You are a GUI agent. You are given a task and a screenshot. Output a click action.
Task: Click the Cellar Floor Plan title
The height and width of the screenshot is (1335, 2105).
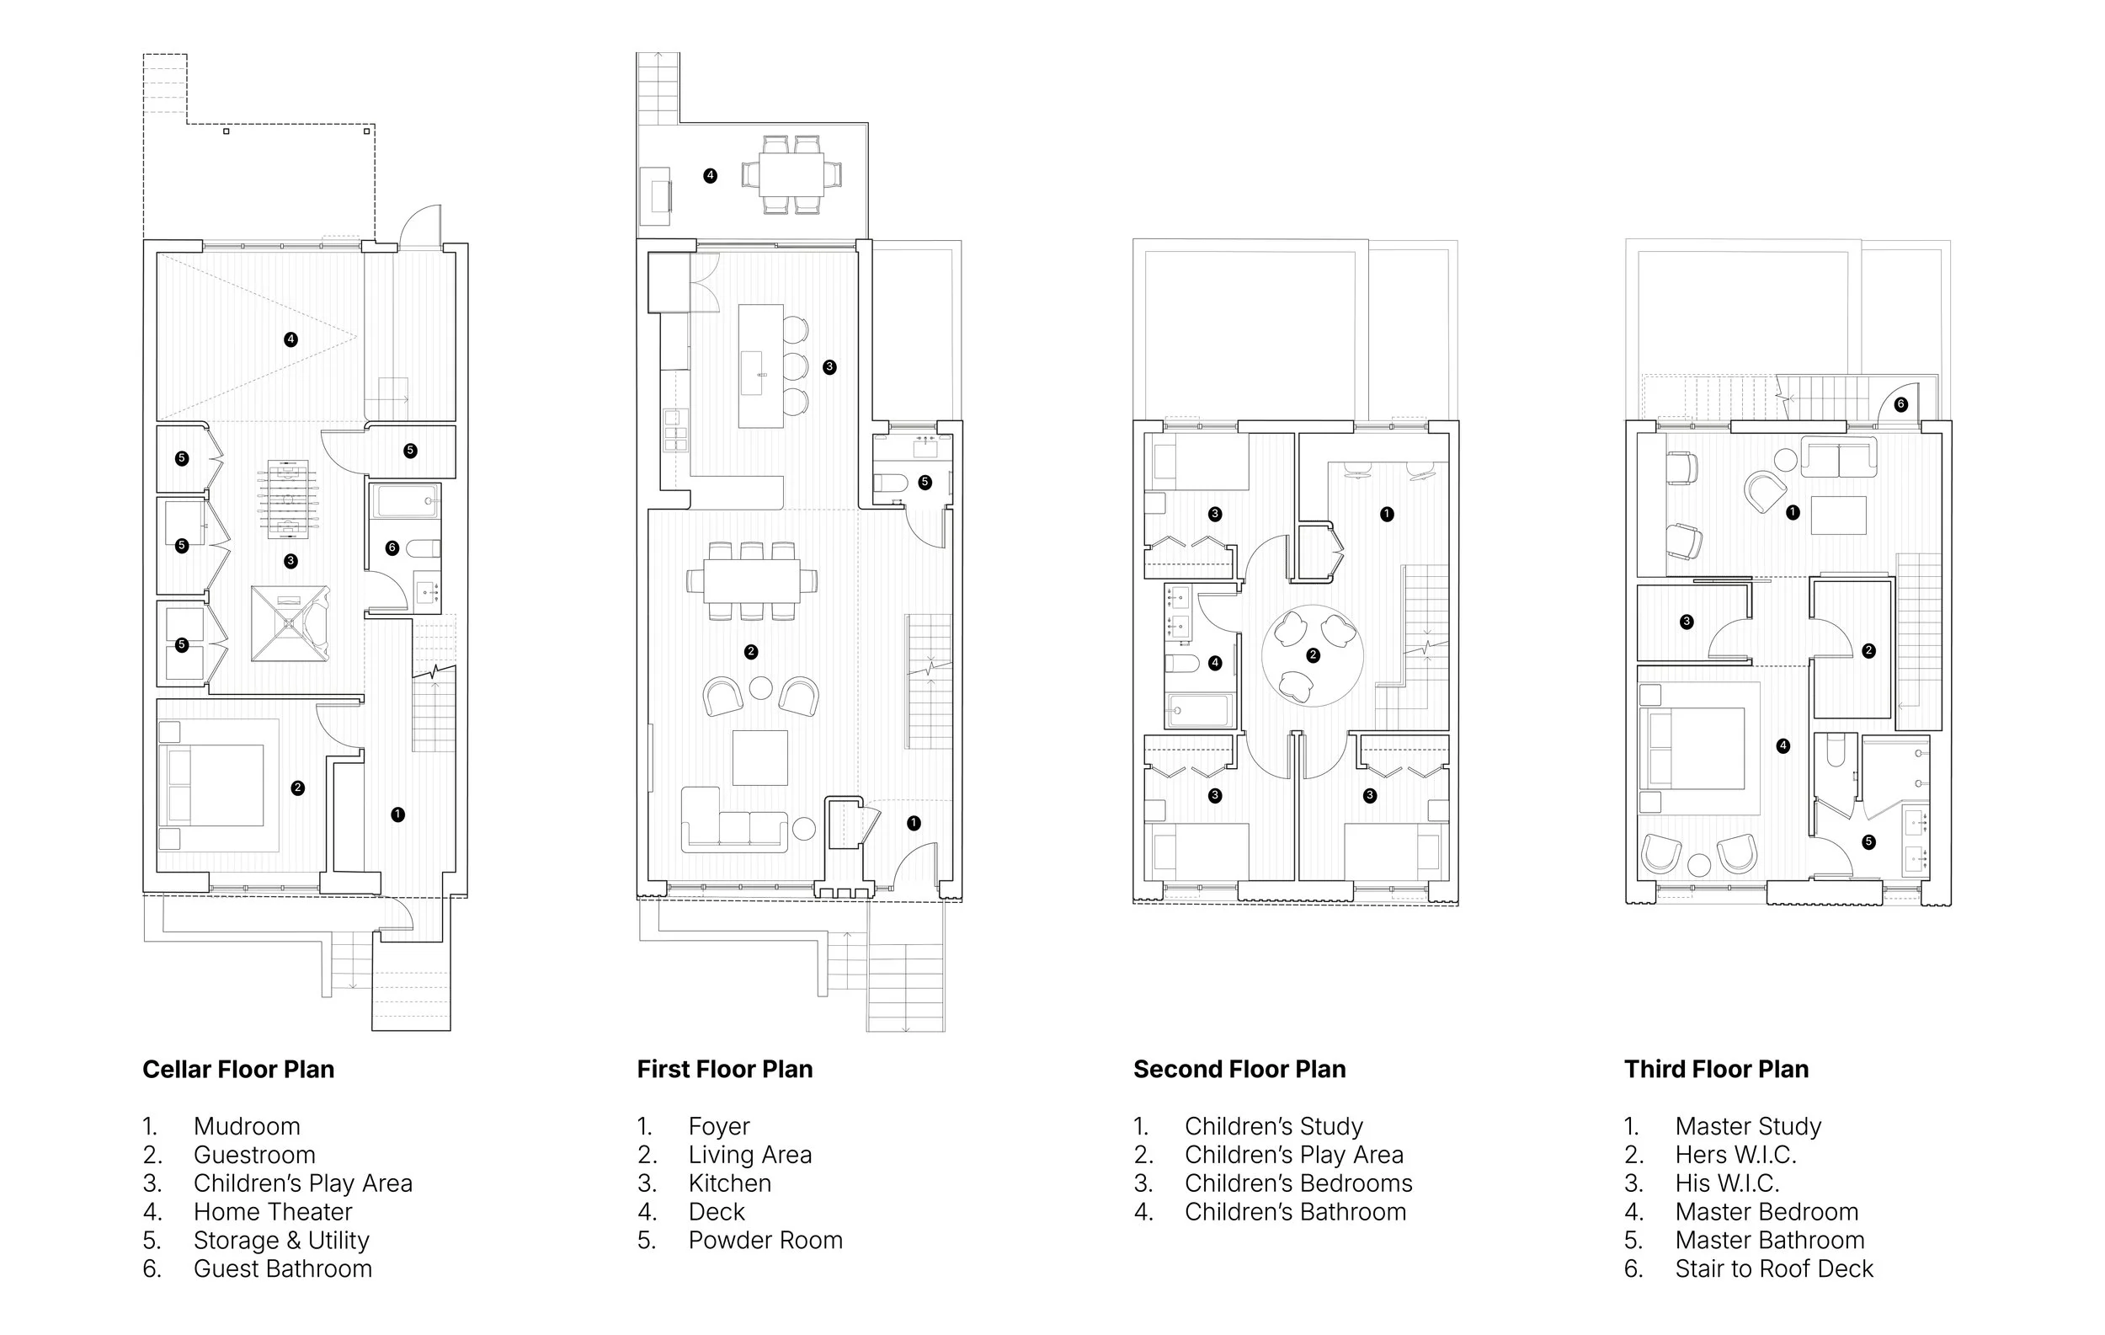(237, 1069)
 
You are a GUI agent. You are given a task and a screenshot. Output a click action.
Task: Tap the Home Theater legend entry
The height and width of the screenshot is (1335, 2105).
(272, 1212)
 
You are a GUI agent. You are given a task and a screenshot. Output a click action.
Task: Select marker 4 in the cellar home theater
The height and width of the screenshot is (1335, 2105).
(290, 339)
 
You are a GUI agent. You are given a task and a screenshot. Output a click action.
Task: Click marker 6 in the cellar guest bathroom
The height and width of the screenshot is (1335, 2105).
(392, 547)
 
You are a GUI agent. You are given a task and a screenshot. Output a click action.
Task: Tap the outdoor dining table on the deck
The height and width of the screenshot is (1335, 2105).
(791, 174)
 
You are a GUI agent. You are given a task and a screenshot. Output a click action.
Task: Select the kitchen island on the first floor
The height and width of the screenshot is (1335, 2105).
(760, 366)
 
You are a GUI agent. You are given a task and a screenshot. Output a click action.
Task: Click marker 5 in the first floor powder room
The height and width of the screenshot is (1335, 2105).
(925, 482)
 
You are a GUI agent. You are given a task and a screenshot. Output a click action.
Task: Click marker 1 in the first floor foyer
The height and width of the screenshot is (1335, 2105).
(914, 823)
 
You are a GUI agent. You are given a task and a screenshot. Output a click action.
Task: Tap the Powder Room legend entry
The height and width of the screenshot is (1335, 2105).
(765, 1240)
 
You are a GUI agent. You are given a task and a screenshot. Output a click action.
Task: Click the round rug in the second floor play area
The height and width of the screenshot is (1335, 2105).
(1312, 655)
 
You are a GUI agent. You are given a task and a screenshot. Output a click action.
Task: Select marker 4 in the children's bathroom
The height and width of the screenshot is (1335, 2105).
(1214, 663)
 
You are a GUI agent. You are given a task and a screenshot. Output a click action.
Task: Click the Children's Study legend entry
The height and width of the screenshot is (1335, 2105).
(1273, 1126)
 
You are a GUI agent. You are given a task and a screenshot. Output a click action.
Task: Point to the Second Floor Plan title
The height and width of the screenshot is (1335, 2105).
(1239, 1069)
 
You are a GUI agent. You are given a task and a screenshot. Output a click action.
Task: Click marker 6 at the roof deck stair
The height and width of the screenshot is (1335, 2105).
(1900, 404)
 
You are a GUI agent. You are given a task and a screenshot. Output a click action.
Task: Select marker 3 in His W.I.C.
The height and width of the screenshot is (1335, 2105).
(1687, 622)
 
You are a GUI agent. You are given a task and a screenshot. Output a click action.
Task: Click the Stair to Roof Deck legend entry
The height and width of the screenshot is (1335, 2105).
(1774, 1268)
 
